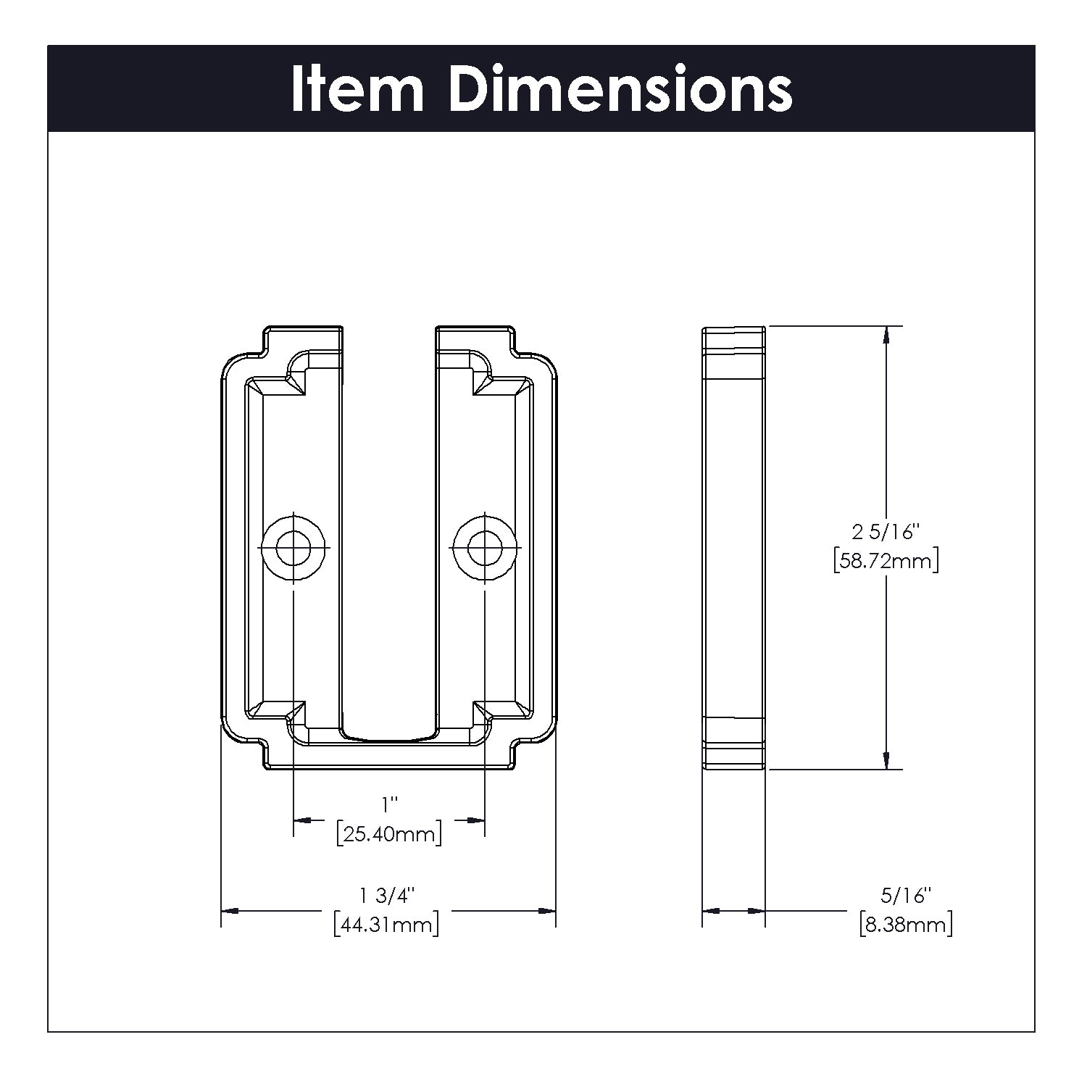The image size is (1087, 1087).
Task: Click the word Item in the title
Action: point(357,90)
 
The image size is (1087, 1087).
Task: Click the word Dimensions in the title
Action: point(620,90)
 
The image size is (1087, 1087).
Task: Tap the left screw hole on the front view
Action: point(293,547)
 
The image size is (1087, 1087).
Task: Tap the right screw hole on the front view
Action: point(485,547)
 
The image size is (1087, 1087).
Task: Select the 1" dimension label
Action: point(390,804)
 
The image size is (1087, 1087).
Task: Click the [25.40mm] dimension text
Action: point(389,834)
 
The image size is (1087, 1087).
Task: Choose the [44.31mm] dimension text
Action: point(386,925)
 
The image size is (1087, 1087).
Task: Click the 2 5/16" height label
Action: point(886,533)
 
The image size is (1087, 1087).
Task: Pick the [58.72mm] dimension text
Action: point(886,561)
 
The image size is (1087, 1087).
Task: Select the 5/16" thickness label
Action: point(906,896)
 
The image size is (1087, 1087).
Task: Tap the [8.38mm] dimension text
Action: point(906,925)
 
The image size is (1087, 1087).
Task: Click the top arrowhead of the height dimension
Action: point(886,335)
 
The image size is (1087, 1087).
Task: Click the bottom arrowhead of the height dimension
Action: point(886,760)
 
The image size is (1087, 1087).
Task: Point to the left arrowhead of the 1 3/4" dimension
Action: point(230,910)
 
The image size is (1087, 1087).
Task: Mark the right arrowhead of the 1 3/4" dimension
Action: point(546,910)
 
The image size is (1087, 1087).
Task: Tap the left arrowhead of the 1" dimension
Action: point(303,820)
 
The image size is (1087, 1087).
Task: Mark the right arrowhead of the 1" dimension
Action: point(475,820)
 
